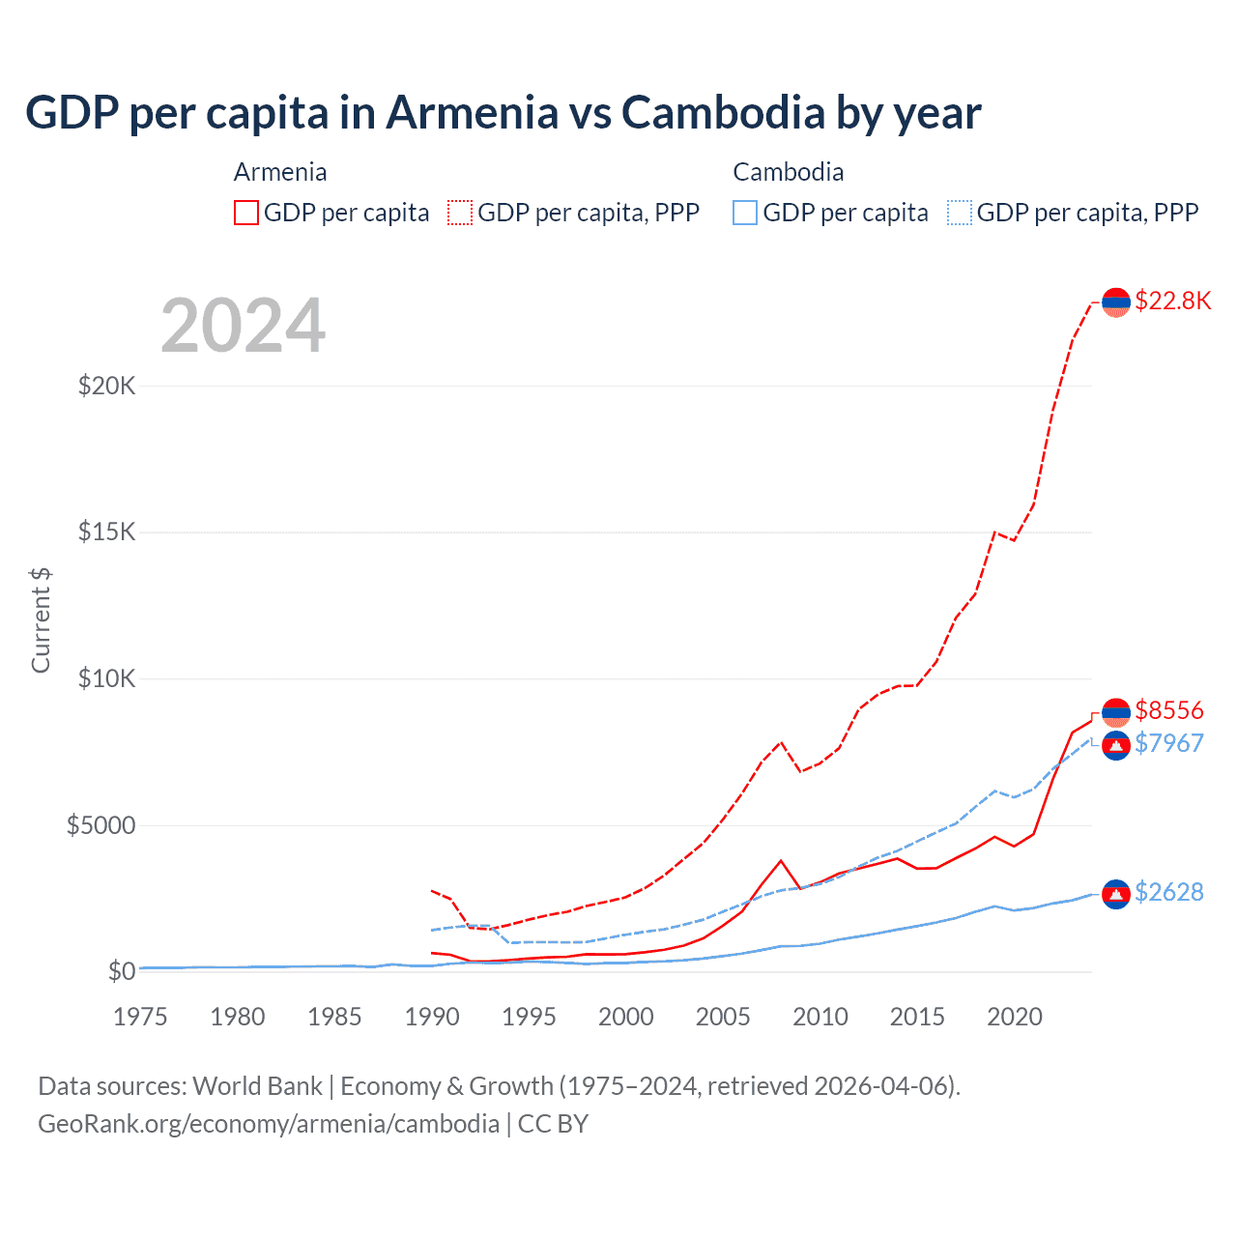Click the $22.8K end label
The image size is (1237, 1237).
point(1172,301)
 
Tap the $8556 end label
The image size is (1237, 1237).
point(1169,710)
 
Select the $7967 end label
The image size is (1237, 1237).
point(1169,743)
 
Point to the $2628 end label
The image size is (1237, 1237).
point(1169,892)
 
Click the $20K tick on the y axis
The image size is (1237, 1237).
point(106,386)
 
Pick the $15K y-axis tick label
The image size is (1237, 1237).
point(106,532)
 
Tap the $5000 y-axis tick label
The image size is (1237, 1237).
point(101,825)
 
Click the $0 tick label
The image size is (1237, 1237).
point(121,971)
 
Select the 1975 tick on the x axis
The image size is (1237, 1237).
point(140,1017)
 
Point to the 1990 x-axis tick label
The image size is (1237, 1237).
point(431,1017)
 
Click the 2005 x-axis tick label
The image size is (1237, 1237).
point(723,1017)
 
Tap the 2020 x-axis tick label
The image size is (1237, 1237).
point(1014,1017)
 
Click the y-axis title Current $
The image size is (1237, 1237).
point(41,620)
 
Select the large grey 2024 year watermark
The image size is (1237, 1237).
point(243,326)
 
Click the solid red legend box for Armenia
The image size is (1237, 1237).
point(246,213)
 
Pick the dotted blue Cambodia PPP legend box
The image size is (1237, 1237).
point(960,213)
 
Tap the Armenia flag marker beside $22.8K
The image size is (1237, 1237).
point(1116,302)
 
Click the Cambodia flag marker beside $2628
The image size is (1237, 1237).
point(1116,895)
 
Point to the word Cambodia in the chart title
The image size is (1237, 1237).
point(722,112)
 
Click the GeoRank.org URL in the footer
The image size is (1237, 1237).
point(269,1124)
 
